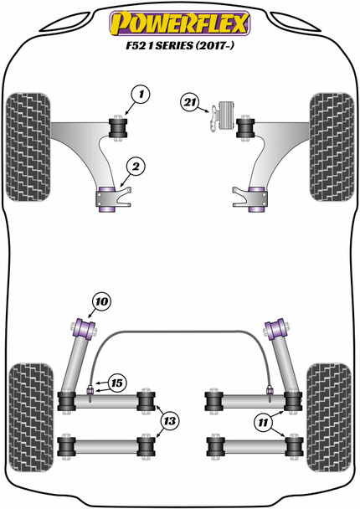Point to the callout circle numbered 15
coord(116,383)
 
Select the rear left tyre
coord(28,404)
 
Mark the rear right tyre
coord(332,404)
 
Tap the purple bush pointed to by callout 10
coord(85,326)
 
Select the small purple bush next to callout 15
coord(89,387)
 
